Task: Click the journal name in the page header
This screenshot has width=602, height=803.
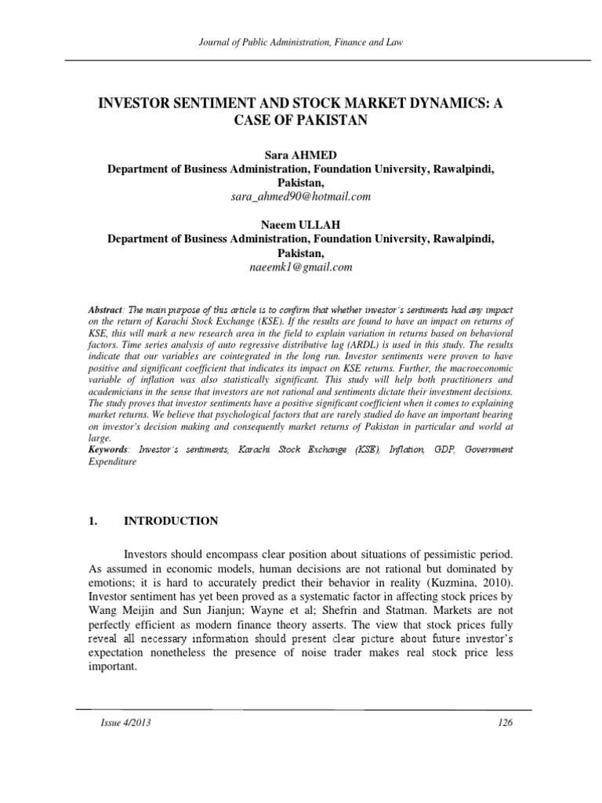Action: pyautogui.click(x=301, y=42)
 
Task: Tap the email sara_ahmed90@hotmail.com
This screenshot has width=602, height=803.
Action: pyautogui.click(x=301, y=196)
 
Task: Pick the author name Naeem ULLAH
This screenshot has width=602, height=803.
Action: pyautogui.click(x=301, y=224)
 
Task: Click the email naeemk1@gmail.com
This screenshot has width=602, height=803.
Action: pyautogui.click(x=301, y=267)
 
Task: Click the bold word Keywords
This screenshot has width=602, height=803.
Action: pyautogui.click(x=109, y=449)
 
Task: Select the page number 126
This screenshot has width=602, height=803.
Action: pyautogui.click(x=505, y=723)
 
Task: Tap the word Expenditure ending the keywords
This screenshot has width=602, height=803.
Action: pyautogui.click(x=113, y=462)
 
